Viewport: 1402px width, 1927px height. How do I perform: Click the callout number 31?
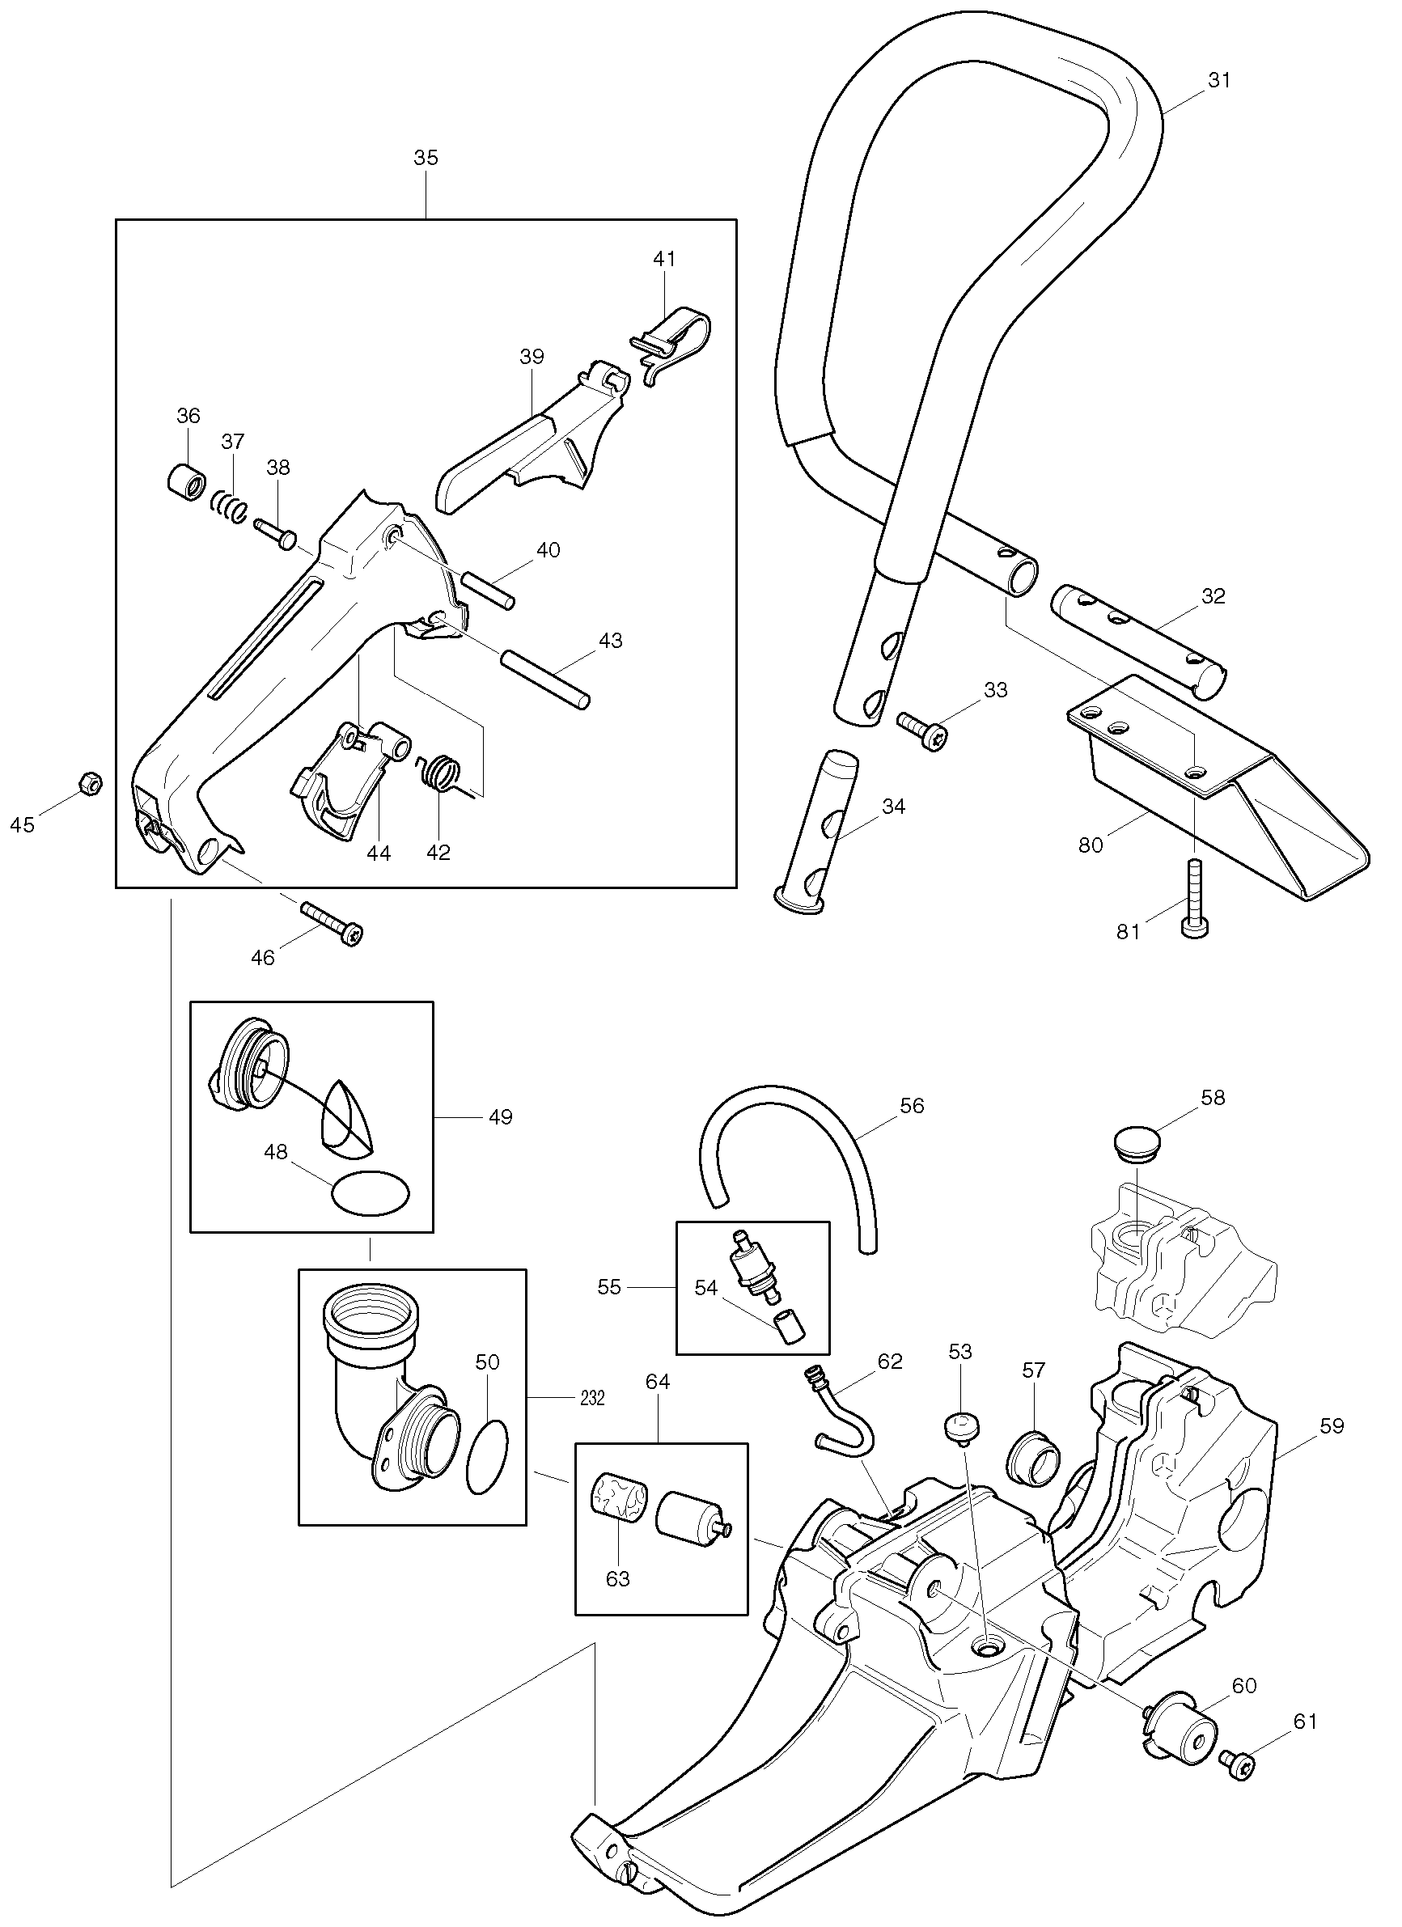(1218, 80)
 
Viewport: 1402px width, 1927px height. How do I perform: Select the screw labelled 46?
(332, 921)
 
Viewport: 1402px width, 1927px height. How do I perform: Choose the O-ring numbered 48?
(371, 1194)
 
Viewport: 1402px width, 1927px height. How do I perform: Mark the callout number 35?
(426, 157)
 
